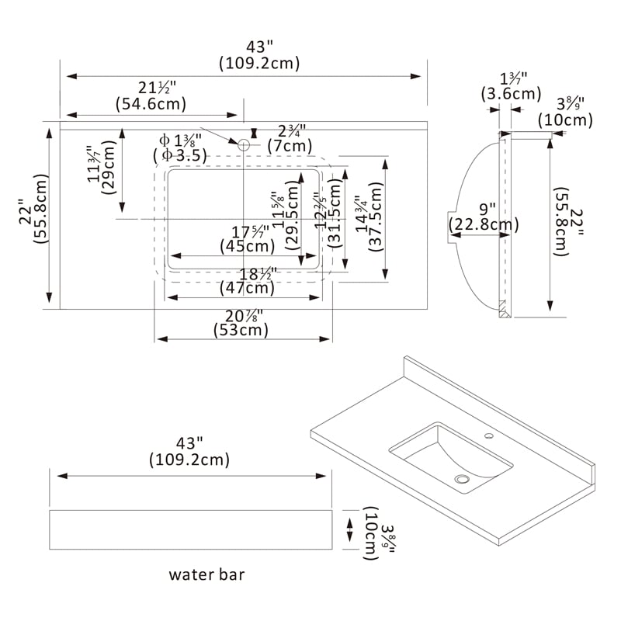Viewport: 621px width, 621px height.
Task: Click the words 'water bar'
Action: tap(206, 575)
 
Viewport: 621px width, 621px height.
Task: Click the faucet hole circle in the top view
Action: tap(244, 144)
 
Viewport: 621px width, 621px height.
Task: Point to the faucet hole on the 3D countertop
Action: tap(489, 437)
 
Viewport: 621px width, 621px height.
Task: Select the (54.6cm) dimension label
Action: tap(151, 102)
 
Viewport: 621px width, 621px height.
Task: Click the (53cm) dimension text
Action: tap(241, 330)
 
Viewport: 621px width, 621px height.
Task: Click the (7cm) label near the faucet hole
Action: tap(290, 145)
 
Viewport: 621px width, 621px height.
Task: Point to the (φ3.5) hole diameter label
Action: tap(180, 154)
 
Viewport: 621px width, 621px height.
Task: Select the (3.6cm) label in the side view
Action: tap(511, 94)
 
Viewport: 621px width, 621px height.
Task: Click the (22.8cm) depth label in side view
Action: tap(484, 225)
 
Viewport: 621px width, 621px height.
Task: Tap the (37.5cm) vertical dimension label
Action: tap(374, 222)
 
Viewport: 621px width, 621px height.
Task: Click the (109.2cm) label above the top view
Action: tap(259, 63)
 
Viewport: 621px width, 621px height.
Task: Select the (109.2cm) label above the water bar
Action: tap(189, 460)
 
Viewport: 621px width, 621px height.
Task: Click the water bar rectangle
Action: tap(190, 529)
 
